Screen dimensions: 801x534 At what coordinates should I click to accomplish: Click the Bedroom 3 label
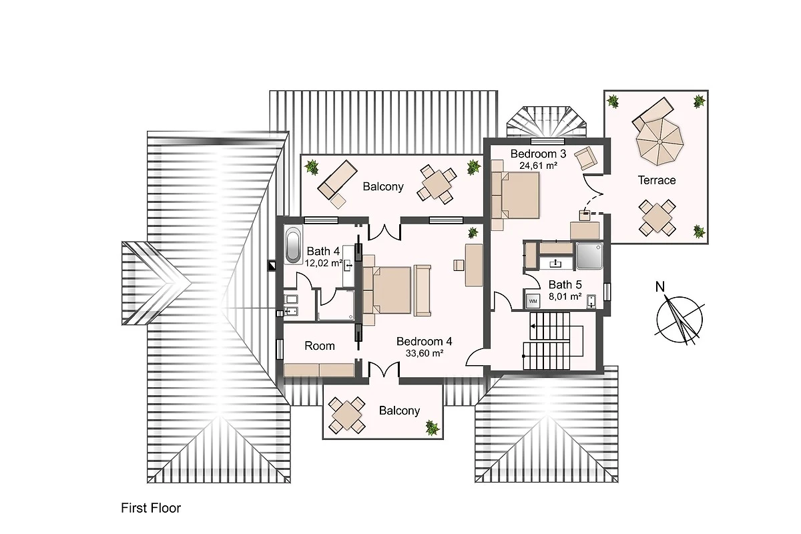(538, 154)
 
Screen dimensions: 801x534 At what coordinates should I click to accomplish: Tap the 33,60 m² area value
(425, 353)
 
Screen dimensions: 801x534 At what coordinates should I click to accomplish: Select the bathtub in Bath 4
(293, 245)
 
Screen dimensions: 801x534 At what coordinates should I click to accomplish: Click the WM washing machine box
(533, 301)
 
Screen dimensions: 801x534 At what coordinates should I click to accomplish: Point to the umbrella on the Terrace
(659, 142)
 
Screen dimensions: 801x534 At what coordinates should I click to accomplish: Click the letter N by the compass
(660, 286)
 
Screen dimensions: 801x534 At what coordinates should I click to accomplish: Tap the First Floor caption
(151, 508)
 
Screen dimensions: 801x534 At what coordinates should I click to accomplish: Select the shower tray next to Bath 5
(589, 256)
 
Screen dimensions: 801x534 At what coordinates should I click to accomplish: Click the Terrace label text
(657, 180)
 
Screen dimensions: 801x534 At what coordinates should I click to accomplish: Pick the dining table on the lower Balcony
(346, 415)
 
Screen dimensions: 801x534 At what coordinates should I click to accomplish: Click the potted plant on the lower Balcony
(432, 428)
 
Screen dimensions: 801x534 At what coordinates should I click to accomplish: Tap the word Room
(320, 346)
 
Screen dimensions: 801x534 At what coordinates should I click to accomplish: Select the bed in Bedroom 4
(387, 290)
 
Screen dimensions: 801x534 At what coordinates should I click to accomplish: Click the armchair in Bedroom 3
(585, 158)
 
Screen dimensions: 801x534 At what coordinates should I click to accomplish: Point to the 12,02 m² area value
(324, 263)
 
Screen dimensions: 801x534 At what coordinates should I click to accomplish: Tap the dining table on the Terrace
(657, 218)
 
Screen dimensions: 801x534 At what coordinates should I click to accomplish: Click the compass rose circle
(680, 319)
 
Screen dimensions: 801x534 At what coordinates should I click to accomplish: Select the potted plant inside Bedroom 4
(473, 233)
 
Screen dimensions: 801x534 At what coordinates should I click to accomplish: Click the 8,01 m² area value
(565, 296)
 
